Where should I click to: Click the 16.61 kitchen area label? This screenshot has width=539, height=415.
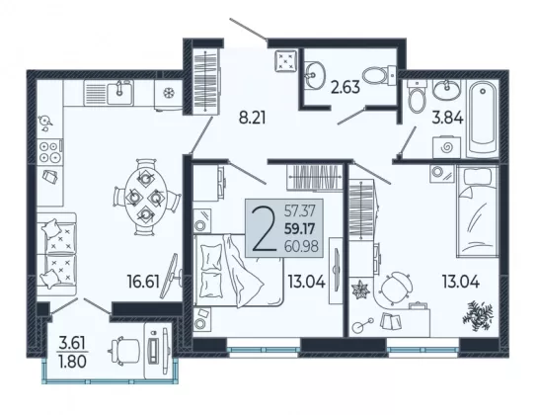(x=143, y=282)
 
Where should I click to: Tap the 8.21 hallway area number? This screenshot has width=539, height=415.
(x=253, y=119)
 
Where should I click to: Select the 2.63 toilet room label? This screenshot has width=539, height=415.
(x=346, y=87)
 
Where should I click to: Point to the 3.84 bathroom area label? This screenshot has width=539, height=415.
(x=447, y=118)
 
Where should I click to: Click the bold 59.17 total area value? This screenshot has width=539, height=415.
(x=300, y=229)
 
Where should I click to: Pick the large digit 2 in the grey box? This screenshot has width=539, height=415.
(x=265, y=228)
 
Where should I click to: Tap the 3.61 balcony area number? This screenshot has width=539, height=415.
(x=72, y=343)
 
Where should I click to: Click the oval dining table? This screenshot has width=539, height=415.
(x=146, y=197)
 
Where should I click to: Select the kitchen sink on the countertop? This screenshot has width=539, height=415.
(x=119, y=92)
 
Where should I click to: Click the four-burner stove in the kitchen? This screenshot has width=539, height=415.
(x=50, y=152)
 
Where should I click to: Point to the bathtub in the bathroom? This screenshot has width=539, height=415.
(x=483, y=118)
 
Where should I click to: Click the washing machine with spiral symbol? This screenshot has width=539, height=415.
(x=446, y=147)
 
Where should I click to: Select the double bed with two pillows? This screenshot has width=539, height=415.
(x=238, y=270)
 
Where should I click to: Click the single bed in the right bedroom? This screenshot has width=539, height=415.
(x=478, y=210)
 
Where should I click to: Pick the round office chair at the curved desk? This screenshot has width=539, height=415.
(x=396, y=288)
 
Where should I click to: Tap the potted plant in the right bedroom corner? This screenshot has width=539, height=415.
(x=478, y=315)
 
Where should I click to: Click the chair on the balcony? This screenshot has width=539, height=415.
(x=123, y=351)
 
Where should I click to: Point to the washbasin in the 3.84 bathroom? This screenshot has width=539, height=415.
(x=446, y=90)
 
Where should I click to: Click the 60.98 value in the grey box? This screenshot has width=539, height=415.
(x=301, y=246)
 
